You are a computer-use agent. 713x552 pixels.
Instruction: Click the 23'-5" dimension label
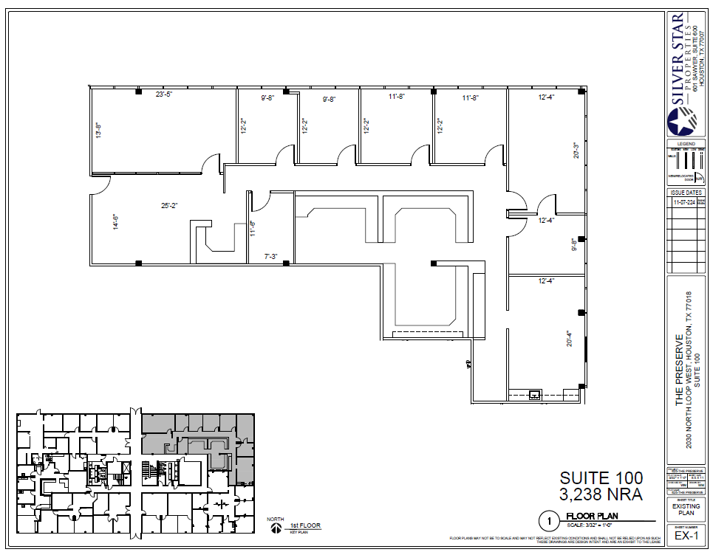(x=163, y=94)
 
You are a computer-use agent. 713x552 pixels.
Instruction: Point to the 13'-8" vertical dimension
(x=98, y=130)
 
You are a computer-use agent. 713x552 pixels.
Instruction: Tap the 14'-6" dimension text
(x=115, y=222)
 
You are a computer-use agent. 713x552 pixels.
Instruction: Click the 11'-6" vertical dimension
(x=253, y=230)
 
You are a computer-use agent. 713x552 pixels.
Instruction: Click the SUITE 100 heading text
(x=601, y=478)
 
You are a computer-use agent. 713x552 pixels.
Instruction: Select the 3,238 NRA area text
(x=601, y=495)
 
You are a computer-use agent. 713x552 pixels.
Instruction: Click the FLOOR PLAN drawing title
(x=591, y=516)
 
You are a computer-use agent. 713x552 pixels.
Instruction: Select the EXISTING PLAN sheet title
(x=686, y=510)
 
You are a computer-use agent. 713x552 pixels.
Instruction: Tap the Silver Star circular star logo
(x=681, y=120)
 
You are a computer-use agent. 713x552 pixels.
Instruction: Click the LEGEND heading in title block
(x=686, y=143)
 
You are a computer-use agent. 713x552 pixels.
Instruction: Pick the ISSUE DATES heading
(x=686, y=191)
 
